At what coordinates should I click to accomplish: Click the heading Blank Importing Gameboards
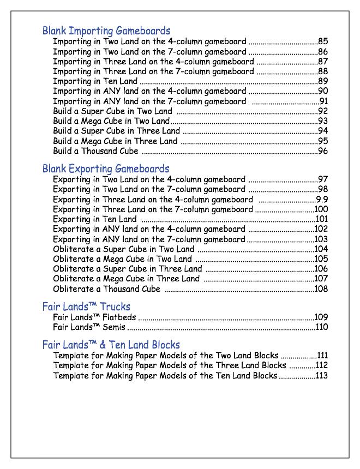(x=106, y=31)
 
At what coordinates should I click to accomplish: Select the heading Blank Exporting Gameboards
(x=106, y=169)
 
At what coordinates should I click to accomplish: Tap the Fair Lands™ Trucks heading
(x=86, y=306)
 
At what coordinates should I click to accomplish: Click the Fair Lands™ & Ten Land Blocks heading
(x=111, y=345)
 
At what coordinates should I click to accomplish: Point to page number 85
(x=323, y=41)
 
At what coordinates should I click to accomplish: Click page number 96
(x=323, y=151)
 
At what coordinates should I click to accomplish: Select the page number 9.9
(x=322, y=200)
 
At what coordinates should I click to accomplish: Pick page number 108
(x=321, y=289)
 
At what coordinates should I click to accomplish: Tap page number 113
(x=322, y=376)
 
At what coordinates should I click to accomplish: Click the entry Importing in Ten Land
(x=95, y=81)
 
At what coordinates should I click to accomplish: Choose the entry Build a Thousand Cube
(x=96, y=151)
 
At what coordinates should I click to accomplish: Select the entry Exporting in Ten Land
(x=95, y=219)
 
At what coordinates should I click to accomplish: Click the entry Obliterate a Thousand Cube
(x=107, y=289)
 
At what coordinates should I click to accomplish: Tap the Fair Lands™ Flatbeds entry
(x=94, y=317)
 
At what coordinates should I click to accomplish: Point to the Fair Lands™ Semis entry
(x=89, y=328)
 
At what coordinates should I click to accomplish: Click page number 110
(x=322, y=328)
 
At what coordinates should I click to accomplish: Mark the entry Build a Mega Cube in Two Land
(x=111, y=121)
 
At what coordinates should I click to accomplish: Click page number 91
(x=323, y=101)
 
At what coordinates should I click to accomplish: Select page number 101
(x=321, y=219)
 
